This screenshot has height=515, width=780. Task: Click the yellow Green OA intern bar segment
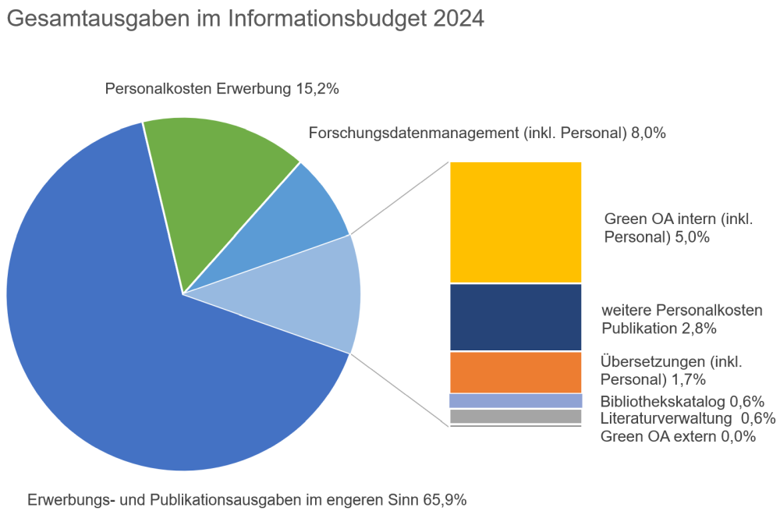click(516, 222)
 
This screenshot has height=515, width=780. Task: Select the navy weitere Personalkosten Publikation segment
click(516, 318)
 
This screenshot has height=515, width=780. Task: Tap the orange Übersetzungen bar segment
click(516, 372)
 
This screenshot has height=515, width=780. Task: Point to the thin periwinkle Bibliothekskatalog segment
click(516, 400)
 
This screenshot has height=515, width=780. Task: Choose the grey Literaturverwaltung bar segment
click(516, 417)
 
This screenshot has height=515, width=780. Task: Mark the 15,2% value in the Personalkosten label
click(317, 89)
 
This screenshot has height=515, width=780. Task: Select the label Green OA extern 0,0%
click(678, 436)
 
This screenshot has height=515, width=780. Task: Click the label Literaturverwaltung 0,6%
click(687, 419)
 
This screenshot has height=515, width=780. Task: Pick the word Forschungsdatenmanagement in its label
click(413, 133)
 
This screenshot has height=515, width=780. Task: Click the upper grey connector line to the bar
click(399, 198)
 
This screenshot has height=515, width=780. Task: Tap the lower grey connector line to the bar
click(399, 389)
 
